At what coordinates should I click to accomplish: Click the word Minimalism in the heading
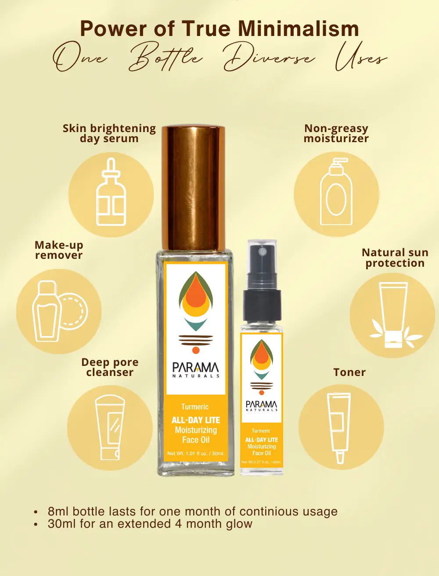[x=299, y=29]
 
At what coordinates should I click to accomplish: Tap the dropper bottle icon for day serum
[x=111, y=192]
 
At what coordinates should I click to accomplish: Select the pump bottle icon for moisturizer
[x=336, y=192]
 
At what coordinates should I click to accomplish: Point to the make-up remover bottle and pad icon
[x=60, y=311]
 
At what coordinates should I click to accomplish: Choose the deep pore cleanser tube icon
[x=110, y=428]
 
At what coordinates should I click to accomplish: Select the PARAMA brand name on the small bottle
[x=262, y=404]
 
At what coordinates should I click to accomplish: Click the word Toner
[x=349, y=372]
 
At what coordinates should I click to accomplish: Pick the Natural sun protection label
[x=395, y=258]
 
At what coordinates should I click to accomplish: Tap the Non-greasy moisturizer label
[x=336, y=133]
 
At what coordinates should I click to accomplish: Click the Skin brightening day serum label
[x=109, y=133]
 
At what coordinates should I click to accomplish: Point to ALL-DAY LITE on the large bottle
[x=196, y=420]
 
